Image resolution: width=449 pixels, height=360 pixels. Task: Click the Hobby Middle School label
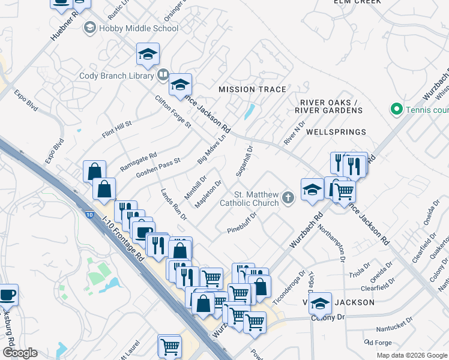[139, 28]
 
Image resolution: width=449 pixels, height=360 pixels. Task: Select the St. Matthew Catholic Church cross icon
[288, 196]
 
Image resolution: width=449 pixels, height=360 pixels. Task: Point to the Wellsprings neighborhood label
[336, 131]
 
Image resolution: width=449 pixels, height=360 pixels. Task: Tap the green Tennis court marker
[396, 109]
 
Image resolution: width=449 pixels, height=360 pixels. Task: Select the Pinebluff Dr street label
[242, 222]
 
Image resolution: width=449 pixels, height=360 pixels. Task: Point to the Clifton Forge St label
[172, 112]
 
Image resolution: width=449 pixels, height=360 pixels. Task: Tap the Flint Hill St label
[116, 128]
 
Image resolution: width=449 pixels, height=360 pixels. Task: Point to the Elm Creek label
[357, 2]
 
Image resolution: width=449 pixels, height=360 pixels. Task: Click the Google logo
[20, 353]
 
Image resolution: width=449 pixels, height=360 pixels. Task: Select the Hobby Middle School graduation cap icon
[90, 28]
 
